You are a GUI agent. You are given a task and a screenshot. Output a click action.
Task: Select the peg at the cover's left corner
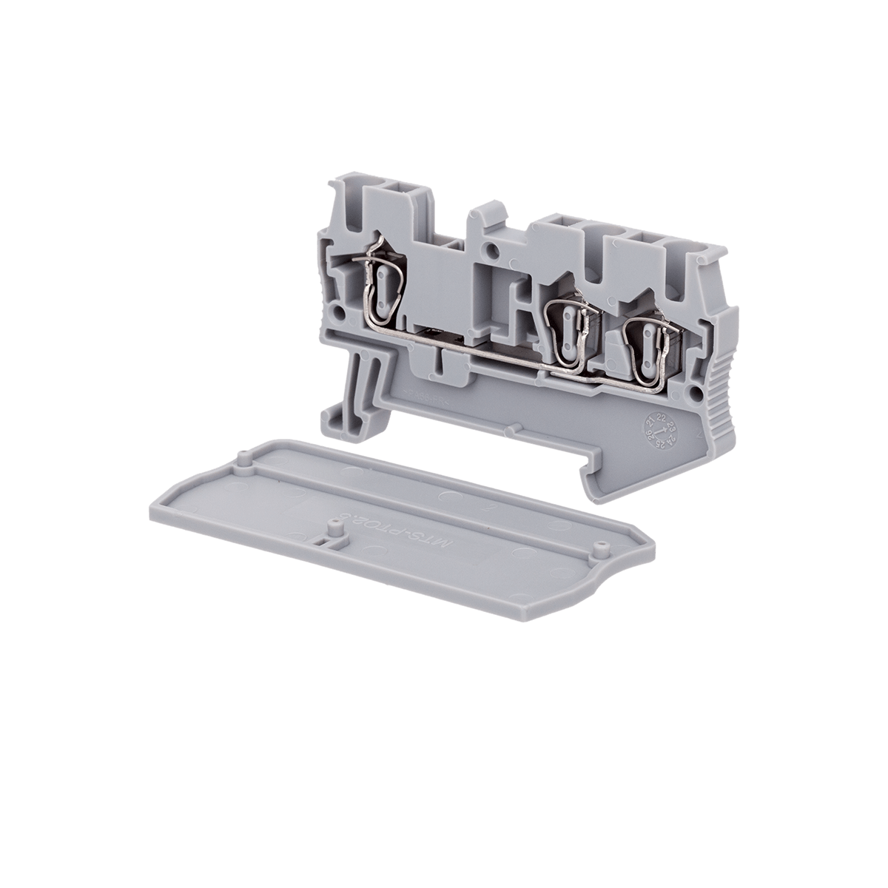coord(241,456)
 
